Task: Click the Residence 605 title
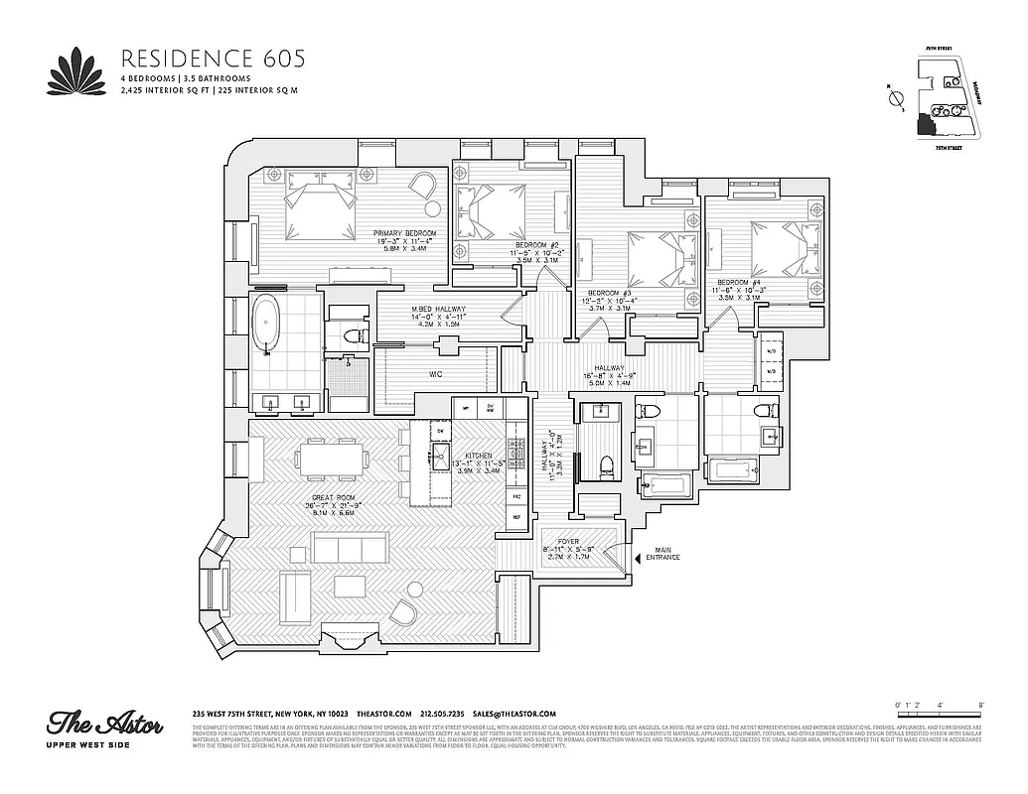click(x=212, y=58)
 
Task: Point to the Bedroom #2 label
click(x=537, y=246)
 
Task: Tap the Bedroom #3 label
click(x=610, y=294)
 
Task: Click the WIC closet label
click(x=435, y=375)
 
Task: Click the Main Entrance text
click(x=662, y=554)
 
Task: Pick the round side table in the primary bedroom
click(x=434, y=209)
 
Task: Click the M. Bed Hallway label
click(x=438, y=311)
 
